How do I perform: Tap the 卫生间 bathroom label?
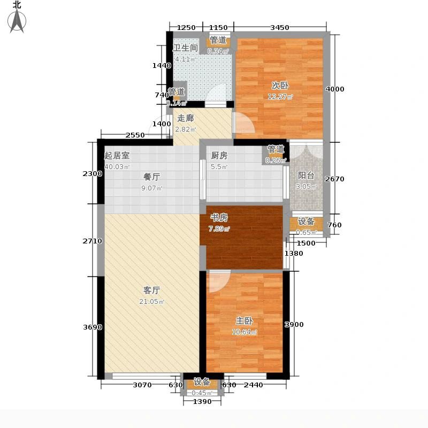point(185,48)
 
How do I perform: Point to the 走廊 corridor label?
point(185,118)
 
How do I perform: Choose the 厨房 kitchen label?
point(219,156)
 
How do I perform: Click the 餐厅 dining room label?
point(152,176)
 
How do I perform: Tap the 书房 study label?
point(219,218)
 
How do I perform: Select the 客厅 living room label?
point(152,290)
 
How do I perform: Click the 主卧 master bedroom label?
point(244,320)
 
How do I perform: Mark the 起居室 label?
point(117,156)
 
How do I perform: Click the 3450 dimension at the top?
point(279,27)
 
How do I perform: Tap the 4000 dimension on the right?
point(335,89)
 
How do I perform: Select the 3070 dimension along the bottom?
point(142,385)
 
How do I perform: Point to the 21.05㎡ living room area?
point(153,302)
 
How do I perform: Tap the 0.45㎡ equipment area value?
point(202,393)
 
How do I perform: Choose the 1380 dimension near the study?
point(294,253)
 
